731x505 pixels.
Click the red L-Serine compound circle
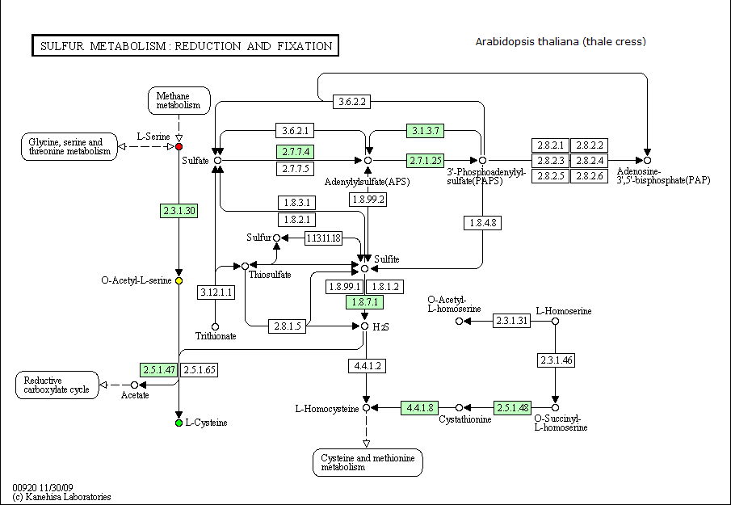click(179, 147)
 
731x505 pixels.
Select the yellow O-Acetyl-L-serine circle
click(179, 280)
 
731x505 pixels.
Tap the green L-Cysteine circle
click(179, 423)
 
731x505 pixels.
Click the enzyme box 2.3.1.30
click(179, 211)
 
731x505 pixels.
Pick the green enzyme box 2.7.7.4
click(295, 152)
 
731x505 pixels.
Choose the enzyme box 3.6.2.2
click(352, 102)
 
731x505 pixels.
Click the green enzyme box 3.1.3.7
click(425, 131)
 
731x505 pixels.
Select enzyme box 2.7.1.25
click(425, 161)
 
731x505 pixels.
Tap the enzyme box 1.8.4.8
click(482, 223)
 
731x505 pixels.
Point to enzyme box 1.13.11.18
click(324, 238)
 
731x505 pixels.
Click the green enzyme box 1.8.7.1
click(364, 302)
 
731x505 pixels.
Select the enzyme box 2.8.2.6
click(590, 176)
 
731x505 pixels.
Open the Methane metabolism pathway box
click(179, 101)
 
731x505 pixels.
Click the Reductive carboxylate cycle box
click(57, 385)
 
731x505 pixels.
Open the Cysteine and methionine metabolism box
click(368, 462)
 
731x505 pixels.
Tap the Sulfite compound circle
click(364, 268)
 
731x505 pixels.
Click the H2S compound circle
click(364, 326)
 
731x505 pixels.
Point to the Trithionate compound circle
click(216, 327)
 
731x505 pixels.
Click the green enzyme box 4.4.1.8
click(420, 408)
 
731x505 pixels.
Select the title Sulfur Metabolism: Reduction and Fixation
click(186, 46)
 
